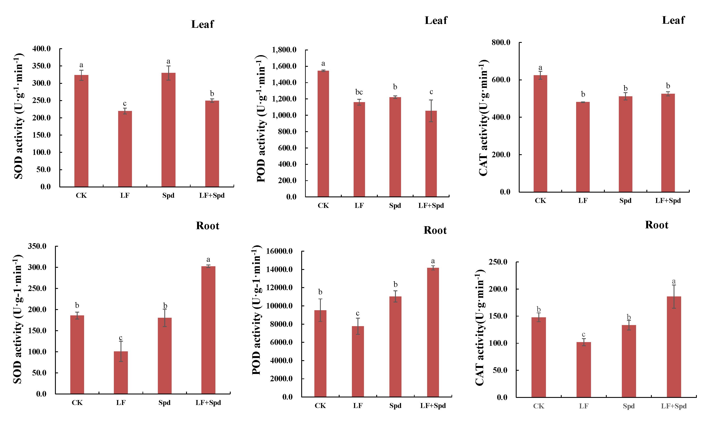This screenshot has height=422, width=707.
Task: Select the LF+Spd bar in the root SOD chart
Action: point(208,330)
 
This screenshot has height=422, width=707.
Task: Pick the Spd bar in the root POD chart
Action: point(395,347)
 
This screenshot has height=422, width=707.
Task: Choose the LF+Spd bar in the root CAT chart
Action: point(674,347)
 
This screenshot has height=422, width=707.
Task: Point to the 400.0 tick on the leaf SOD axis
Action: point(42,49)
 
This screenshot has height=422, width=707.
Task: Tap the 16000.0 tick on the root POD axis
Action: point(279,251)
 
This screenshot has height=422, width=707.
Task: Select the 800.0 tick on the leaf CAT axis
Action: point(501,43)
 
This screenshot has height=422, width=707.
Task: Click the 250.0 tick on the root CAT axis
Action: point(498,262)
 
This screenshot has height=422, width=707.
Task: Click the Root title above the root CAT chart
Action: point(656,225)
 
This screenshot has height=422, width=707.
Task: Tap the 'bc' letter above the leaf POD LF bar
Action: point(359,92)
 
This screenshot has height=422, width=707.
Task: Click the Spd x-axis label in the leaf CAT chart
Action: point(625,201)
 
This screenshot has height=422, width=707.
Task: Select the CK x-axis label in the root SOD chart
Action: point(77,403)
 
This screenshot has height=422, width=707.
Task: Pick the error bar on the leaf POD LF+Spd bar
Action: point(431,111)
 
